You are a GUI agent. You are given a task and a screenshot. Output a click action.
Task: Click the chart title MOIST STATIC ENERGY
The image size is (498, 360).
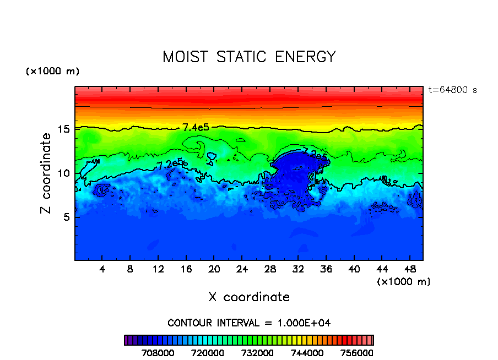click(249, 57)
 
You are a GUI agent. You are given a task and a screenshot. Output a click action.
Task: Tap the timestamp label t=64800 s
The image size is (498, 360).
click(452, 90)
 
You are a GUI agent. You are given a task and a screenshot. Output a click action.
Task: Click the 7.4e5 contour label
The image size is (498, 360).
click(196, 127)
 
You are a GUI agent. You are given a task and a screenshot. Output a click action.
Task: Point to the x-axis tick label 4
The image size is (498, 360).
click(102, 270)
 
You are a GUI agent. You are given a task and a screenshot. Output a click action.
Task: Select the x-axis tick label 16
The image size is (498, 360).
click(186, 270)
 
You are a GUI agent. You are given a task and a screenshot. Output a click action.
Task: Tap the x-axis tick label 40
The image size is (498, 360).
click(354, 270)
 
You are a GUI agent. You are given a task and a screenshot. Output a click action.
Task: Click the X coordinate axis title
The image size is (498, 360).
click(249, 297)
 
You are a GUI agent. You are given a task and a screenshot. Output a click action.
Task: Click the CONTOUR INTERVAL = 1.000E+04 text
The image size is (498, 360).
click(249, 322)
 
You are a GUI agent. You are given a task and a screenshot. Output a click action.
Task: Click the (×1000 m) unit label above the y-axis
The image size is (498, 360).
click(52, 72)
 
